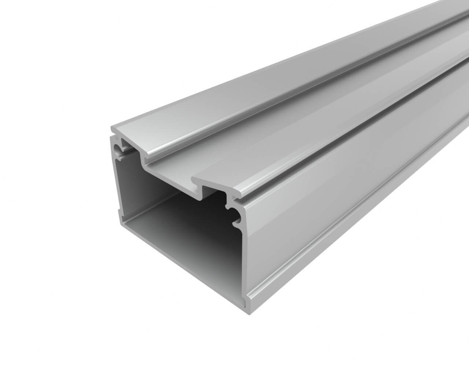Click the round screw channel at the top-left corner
click(118, 150)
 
